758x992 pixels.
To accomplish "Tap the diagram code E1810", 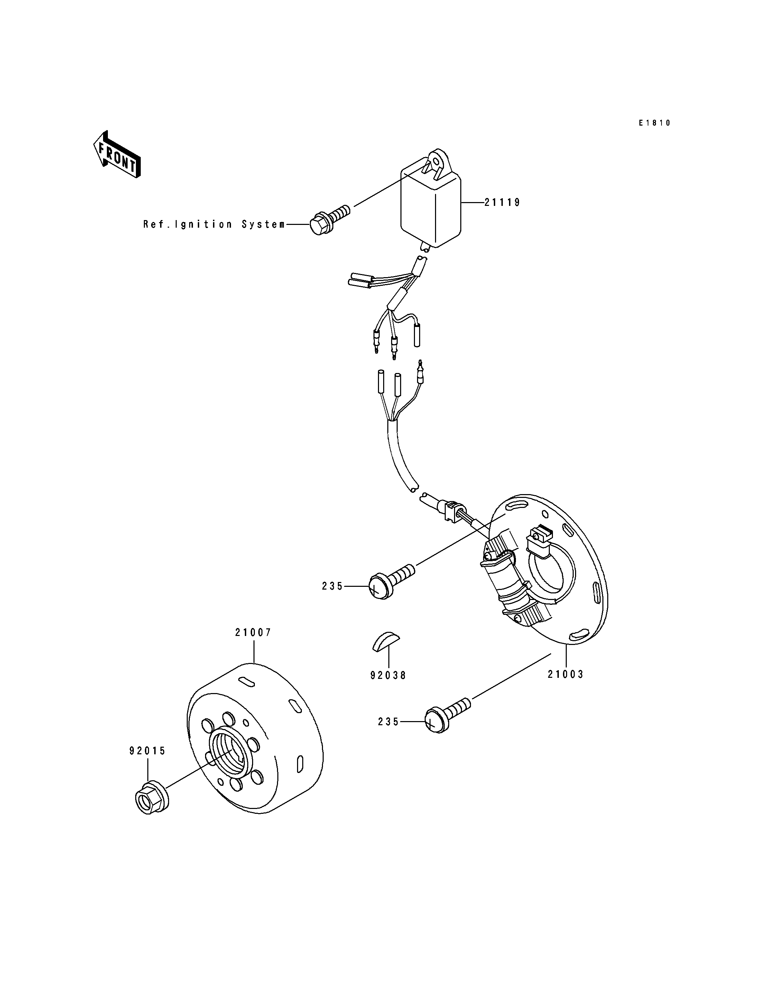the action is pos(655,123).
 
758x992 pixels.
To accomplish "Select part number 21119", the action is pos(503,203).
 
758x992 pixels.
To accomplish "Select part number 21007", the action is pos(253,632).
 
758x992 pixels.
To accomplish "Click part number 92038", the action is pos(388,688).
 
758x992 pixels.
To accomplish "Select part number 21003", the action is pos(566,687).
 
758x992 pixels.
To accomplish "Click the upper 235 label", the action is pos(333,586).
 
